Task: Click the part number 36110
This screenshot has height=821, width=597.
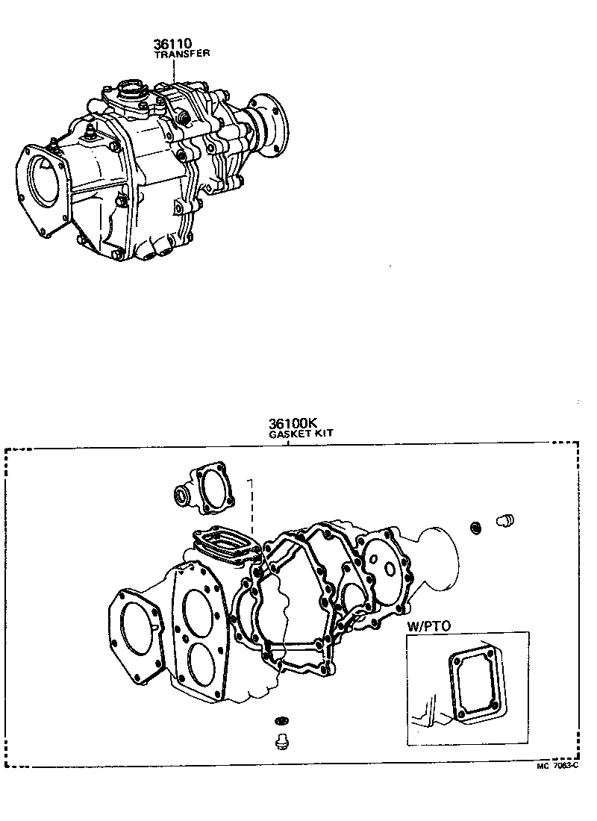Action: click(x=173, y=45)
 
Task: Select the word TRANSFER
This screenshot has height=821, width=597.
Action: click(x=181, y=54)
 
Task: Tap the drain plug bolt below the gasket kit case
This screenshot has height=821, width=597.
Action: click(x=281, y=742)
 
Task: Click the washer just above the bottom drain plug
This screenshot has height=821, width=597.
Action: click(x=281, y=721)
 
